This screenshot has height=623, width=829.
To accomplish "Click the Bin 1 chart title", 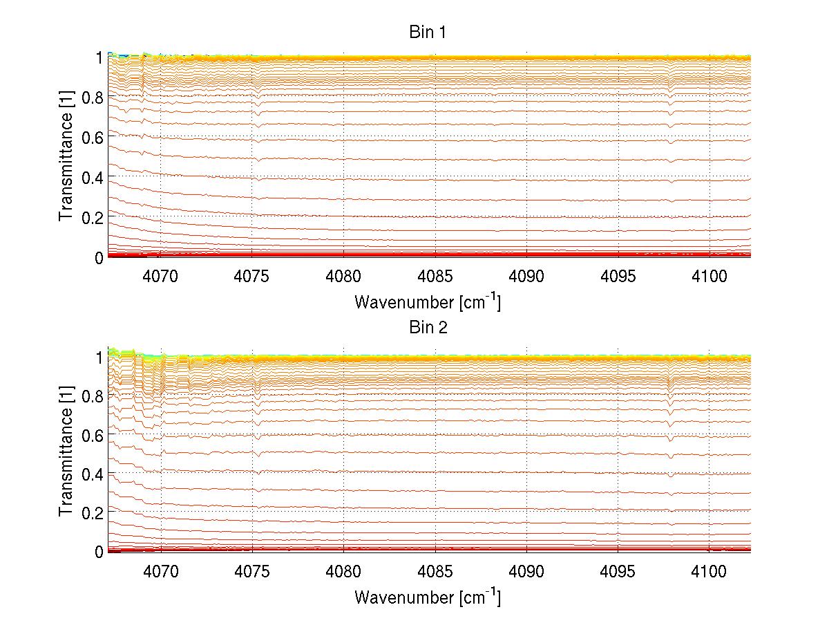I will point(428,32).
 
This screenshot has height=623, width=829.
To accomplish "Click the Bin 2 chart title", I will point(428,328).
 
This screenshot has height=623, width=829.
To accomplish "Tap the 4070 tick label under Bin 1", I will point(161,277).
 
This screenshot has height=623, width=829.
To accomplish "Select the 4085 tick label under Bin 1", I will point(435,277).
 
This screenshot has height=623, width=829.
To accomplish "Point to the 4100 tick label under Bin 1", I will point(709,277).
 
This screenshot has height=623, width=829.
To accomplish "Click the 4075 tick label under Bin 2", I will point(252,571).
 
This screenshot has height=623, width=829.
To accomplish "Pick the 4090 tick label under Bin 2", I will point(526,571).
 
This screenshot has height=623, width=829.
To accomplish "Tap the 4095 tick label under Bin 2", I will point(618,571).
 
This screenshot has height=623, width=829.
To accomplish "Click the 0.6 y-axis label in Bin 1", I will point(93,138).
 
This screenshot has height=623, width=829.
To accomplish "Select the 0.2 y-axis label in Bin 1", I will point(93,217).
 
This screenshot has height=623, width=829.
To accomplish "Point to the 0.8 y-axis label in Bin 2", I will point(93,396).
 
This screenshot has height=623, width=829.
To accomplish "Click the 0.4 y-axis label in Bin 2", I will point(93,474).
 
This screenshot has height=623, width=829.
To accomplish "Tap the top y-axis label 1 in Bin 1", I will point(99,57).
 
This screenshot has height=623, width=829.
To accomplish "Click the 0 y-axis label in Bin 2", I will point(99,552).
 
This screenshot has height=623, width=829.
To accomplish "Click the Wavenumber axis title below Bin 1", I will point(428,301).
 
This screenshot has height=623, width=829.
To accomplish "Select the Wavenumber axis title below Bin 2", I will point(428,597).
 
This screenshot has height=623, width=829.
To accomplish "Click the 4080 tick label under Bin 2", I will point(343,571).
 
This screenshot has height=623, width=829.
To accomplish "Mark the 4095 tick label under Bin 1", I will point(618,277).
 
